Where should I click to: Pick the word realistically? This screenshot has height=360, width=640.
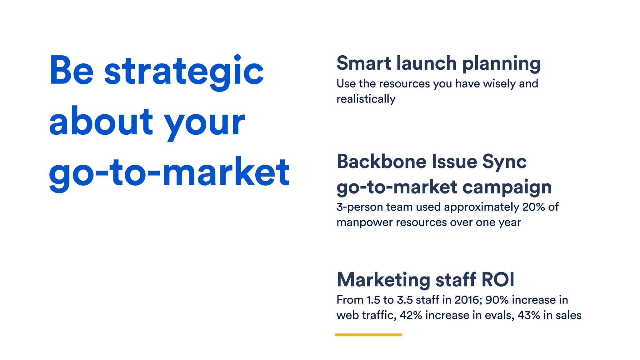click(x=366, y=99)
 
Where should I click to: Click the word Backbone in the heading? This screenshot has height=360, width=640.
click(x=382, y=162)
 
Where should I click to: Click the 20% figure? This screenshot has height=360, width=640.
click(x=533, y=207)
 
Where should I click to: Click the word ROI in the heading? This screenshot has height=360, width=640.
click(x=498, y=279)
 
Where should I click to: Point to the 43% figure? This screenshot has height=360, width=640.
click(x=529, y=315)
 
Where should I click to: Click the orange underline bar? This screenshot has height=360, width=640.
click(x=368, y=335)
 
